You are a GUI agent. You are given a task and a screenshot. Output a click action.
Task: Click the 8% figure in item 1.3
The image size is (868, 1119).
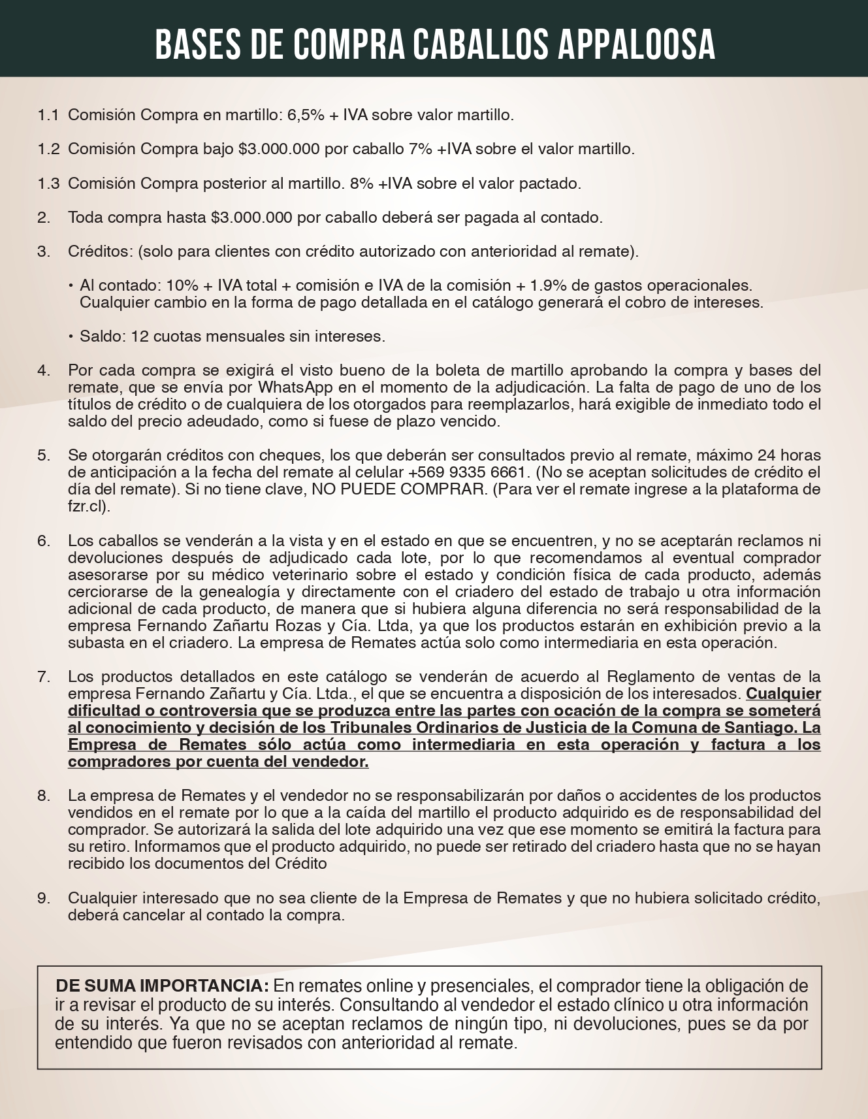[361, 183]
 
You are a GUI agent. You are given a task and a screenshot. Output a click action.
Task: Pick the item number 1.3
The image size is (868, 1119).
[48, 183]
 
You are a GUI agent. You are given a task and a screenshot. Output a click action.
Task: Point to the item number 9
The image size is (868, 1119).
[43, 898]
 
